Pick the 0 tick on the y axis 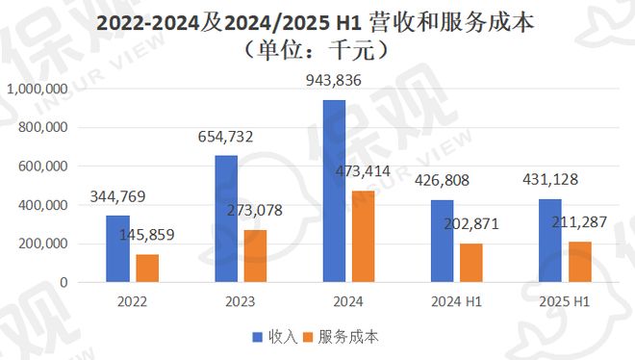pos(63,283)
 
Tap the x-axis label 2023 pos(241,301)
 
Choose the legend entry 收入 pos(275,336)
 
